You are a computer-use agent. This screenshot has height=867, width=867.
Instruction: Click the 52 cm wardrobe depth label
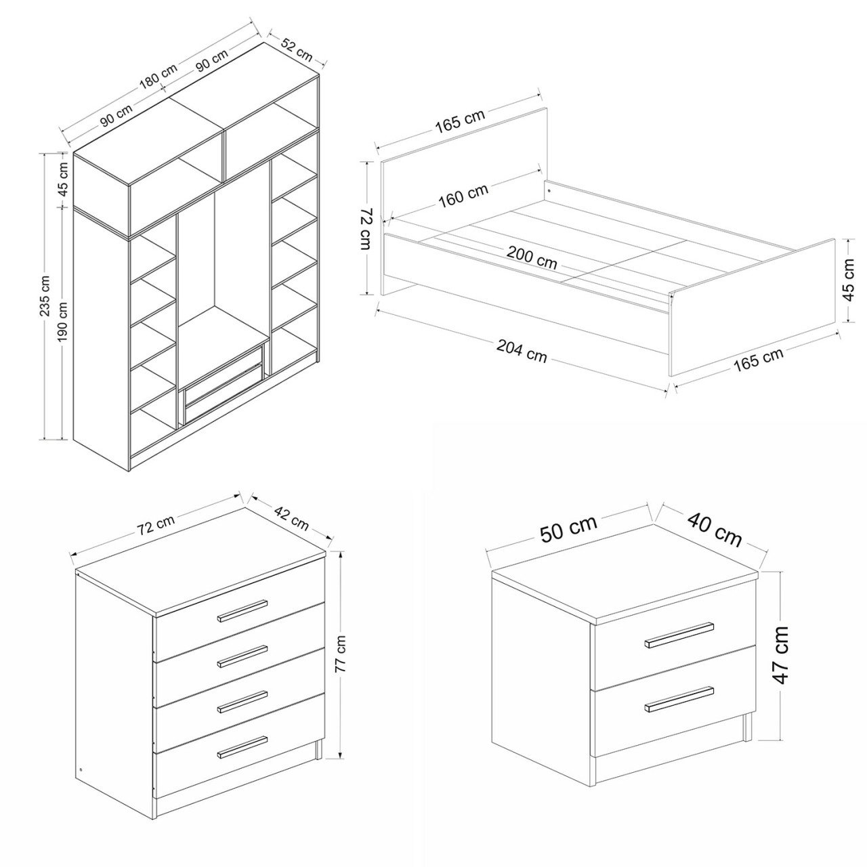[297, 49]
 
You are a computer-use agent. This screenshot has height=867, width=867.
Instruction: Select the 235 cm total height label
[45, 295]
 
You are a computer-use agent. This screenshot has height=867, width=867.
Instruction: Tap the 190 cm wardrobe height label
[63, 321]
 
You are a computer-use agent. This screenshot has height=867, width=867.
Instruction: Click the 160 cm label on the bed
[463, 196]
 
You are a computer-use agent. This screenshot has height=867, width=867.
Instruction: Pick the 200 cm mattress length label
[532, 257]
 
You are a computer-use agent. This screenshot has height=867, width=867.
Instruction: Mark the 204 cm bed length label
[522, 350]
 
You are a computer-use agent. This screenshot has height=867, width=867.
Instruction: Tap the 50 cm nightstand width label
[569, 529]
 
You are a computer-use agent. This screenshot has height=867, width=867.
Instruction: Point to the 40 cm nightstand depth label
[715, 530]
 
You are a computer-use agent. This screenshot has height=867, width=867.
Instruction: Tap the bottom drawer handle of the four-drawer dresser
[242, 748]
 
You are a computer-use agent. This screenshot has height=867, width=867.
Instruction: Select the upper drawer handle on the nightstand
[679, 635]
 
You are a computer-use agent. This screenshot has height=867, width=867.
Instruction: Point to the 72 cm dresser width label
[156, 524]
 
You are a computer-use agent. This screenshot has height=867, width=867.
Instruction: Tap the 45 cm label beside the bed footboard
[849, 280]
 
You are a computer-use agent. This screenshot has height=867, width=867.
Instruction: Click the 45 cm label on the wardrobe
[63, 179]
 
